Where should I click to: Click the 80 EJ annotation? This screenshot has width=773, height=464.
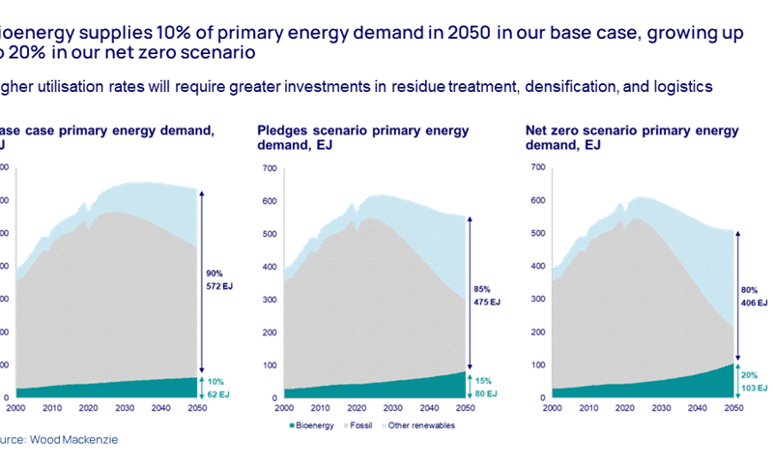coord(488,393)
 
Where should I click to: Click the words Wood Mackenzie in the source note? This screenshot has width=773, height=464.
coord(78,439)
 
